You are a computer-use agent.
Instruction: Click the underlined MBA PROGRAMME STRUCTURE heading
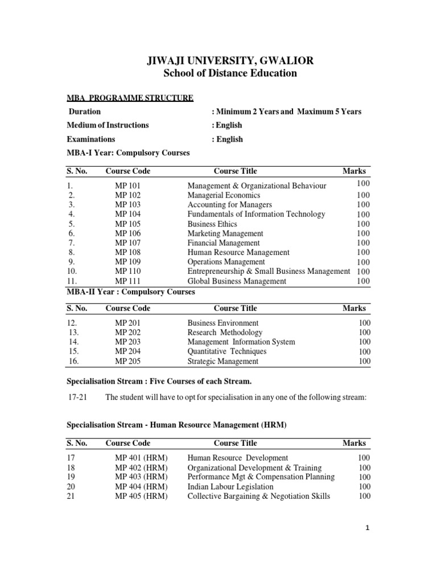[130, 98]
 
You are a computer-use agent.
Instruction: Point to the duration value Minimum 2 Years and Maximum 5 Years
[286, 112]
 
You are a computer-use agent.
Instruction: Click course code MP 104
[127, 215]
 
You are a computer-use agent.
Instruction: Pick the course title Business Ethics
[212, 224]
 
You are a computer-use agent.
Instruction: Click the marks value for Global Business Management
[363, 281]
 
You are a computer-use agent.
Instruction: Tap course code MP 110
[127, 272]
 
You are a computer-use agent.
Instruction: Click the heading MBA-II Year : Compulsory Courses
[131, 292]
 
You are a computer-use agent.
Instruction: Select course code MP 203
[127, 342]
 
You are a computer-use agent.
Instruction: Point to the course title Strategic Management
[222, 362]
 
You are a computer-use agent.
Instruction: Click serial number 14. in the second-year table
[73, 342]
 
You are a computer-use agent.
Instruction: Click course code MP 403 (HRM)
[141, 477]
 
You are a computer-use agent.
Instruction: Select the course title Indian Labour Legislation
[230, 487]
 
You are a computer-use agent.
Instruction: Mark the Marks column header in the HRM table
[354, 443]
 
